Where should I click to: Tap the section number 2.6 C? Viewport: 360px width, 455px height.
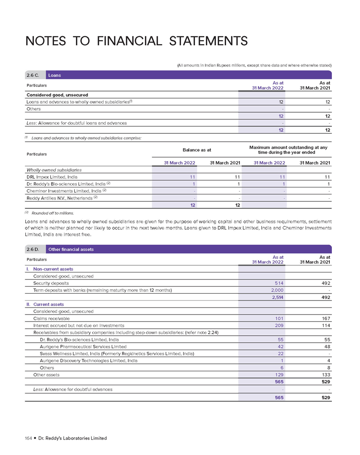33,75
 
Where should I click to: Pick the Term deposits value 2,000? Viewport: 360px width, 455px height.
276,290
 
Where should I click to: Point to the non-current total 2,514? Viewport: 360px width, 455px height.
276,297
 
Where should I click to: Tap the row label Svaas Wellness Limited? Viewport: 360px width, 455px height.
110,354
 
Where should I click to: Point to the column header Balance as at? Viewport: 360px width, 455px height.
197,150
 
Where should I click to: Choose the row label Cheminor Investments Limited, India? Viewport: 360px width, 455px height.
65,191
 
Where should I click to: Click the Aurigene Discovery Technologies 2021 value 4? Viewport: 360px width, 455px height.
329,361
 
